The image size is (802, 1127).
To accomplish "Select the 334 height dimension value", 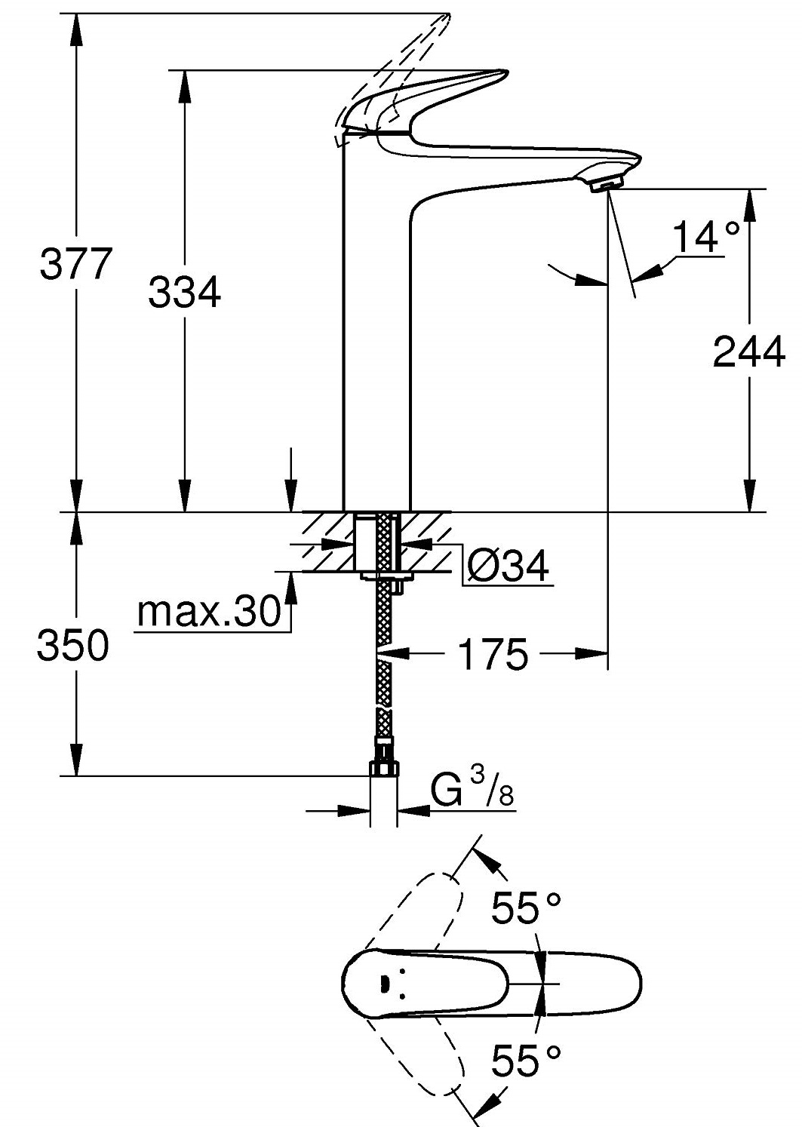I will [x=184, y=292].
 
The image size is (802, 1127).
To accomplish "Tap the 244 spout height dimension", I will [x=748, y=352].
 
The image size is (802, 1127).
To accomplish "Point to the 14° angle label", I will [x=705, y=238].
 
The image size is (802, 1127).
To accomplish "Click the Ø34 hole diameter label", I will [x=507, y=565].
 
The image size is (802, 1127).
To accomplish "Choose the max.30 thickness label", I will [x=209, y=613].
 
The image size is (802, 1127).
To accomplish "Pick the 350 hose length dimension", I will [x=73, y=646].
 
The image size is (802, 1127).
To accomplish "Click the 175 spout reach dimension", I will [x=493, y=654].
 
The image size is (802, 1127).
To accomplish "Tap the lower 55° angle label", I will [x=527, y=1061].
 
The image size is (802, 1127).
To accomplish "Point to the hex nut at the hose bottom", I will [x=385, y=769].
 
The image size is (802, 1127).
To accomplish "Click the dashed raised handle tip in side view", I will [x=445, y=18].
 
